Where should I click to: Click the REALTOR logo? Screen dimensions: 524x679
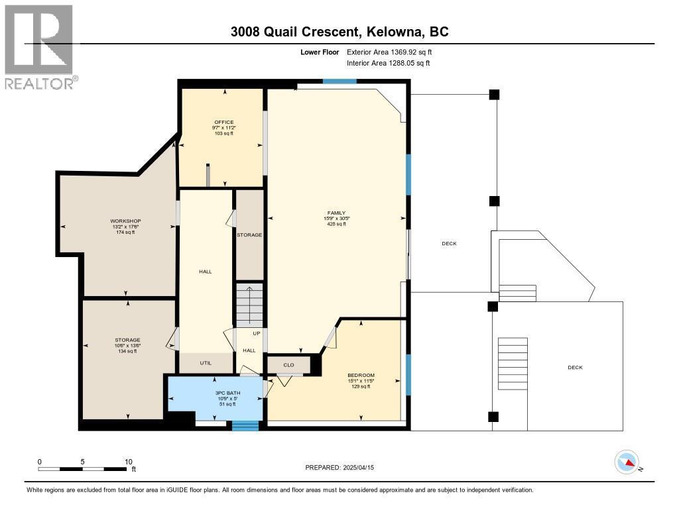click(39, 46)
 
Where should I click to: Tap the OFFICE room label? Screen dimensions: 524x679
click(223, 122)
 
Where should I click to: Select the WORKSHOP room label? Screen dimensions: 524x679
click(125, 221)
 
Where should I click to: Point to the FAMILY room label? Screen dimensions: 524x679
click(335, 213)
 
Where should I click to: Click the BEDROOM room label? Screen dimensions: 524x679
click(361, 375)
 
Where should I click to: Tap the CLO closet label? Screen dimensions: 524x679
click(288, 364)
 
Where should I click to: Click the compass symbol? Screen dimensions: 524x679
click(627, 462)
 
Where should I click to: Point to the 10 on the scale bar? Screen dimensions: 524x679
click(129, 462)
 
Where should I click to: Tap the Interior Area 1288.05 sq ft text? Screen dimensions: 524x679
click(388, 63)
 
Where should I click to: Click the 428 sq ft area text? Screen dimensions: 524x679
click(335, 224)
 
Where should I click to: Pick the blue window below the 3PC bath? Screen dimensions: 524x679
click(245, 425)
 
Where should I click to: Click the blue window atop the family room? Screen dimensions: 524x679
click(339, 81)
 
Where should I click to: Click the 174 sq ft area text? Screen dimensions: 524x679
click(125, 232)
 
